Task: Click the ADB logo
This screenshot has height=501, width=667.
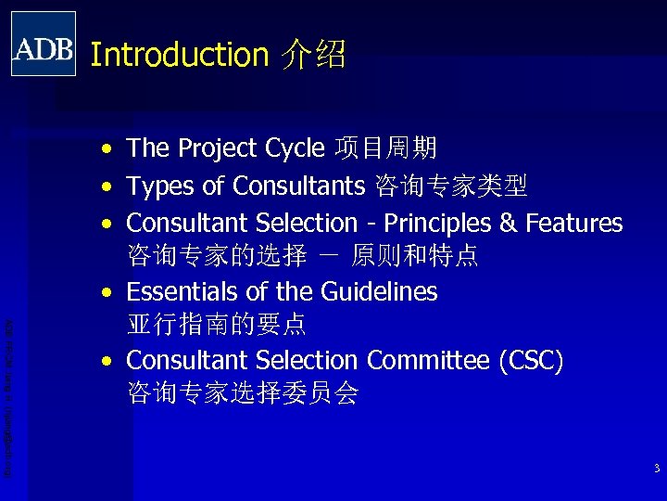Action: (x=44, y=44)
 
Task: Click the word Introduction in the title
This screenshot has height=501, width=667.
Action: (x=179, y=55)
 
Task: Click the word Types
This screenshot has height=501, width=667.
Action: (x=160, y=186)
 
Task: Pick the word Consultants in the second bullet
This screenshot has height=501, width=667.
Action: (x=298, y=186)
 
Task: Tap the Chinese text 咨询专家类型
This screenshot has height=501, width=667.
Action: (x=451, y=186)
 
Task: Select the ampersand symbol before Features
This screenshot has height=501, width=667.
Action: (x=509, y=224)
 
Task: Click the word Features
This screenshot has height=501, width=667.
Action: (x=574, y=224)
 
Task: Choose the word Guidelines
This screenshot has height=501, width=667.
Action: (x=379, y=292)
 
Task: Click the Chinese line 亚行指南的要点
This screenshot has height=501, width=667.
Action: (x=216, y=326)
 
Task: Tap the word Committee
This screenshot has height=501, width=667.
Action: (x=427, y=360)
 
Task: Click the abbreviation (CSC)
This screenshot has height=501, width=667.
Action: (x=530, y=360)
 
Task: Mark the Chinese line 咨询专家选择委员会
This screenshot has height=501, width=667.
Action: (x=242, y=393)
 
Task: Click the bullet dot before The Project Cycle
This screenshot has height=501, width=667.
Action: (x=109, y=149)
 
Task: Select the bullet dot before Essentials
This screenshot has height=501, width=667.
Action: (x=109, y=293)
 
